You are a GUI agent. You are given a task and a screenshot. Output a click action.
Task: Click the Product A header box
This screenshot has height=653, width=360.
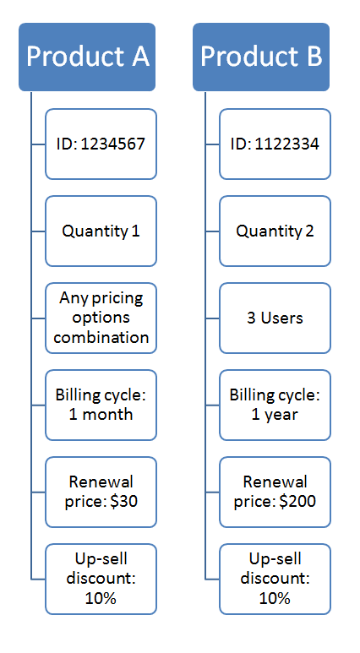[x=87, y=57]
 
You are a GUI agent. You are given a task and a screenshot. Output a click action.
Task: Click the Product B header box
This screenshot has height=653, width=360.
[x=261, y=57]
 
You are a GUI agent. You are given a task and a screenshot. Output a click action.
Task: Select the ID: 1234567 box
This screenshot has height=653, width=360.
[x=101, y=144]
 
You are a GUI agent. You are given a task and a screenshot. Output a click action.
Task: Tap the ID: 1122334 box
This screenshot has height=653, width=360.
[x=275, y=144]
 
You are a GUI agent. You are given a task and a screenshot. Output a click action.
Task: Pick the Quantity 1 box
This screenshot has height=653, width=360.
[x=101, y=231]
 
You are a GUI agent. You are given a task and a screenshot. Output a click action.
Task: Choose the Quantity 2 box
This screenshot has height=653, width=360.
[x=275, y=231]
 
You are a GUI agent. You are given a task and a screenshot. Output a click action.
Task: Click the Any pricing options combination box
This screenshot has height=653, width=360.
[x=101, y=318]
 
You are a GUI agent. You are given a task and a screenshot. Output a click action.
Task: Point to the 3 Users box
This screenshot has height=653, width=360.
[x=275, y=318]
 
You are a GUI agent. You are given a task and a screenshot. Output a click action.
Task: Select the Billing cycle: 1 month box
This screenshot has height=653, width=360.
[x=101, y=405]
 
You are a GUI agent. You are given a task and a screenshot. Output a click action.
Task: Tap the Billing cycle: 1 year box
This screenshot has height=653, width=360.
[x=275, y=405]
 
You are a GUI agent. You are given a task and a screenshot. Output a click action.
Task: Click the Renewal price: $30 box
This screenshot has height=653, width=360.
[x=101, y=492]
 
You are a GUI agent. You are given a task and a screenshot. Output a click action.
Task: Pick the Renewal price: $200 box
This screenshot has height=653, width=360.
[x=275, y=492]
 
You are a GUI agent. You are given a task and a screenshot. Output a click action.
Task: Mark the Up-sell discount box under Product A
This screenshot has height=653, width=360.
[x=101, y=580]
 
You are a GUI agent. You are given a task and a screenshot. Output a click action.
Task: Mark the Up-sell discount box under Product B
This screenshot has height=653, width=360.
[x=275, y=580]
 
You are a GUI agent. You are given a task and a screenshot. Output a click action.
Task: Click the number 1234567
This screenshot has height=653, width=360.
[x=113, y=144]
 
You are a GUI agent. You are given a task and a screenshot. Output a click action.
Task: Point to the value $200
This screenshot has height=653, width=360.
[x=297, y=502]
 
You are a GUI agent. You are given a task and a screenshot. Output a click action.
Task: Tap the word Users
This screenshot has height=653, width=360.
[x=282, y=318]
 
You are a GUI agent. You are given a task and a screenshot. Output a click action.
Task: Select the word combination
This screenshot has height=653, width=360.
[x=101, y=337]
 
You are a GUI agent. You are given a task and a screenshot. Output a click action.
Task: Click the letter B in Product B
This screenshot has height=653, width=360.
[x=314, y=57]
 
